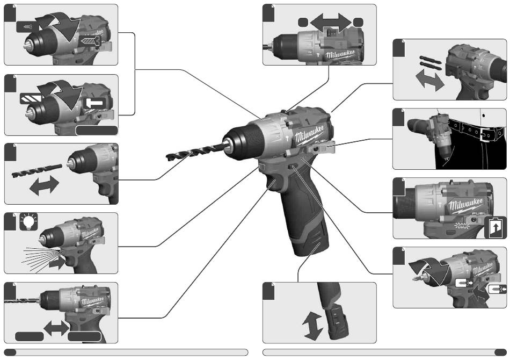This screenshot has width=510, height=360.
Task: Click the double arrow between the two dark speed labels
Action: tap(56, 328)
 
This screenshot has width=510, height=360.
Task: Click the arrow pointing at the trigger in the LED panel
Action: tap(56, 263)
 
